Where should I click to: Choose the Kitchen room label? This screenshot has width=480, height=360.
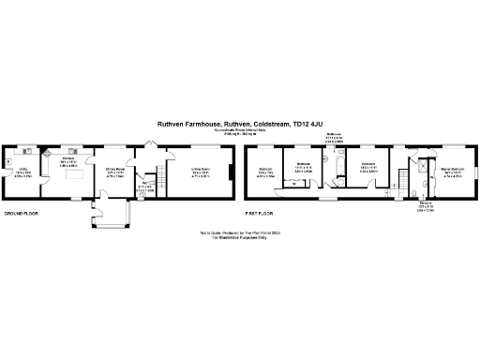click(68, 161)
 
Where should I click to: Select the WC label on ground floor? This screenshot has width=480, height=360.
click(143, 185)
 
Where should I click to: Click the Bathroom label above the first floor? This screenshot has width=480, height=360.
click(334, 136)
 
